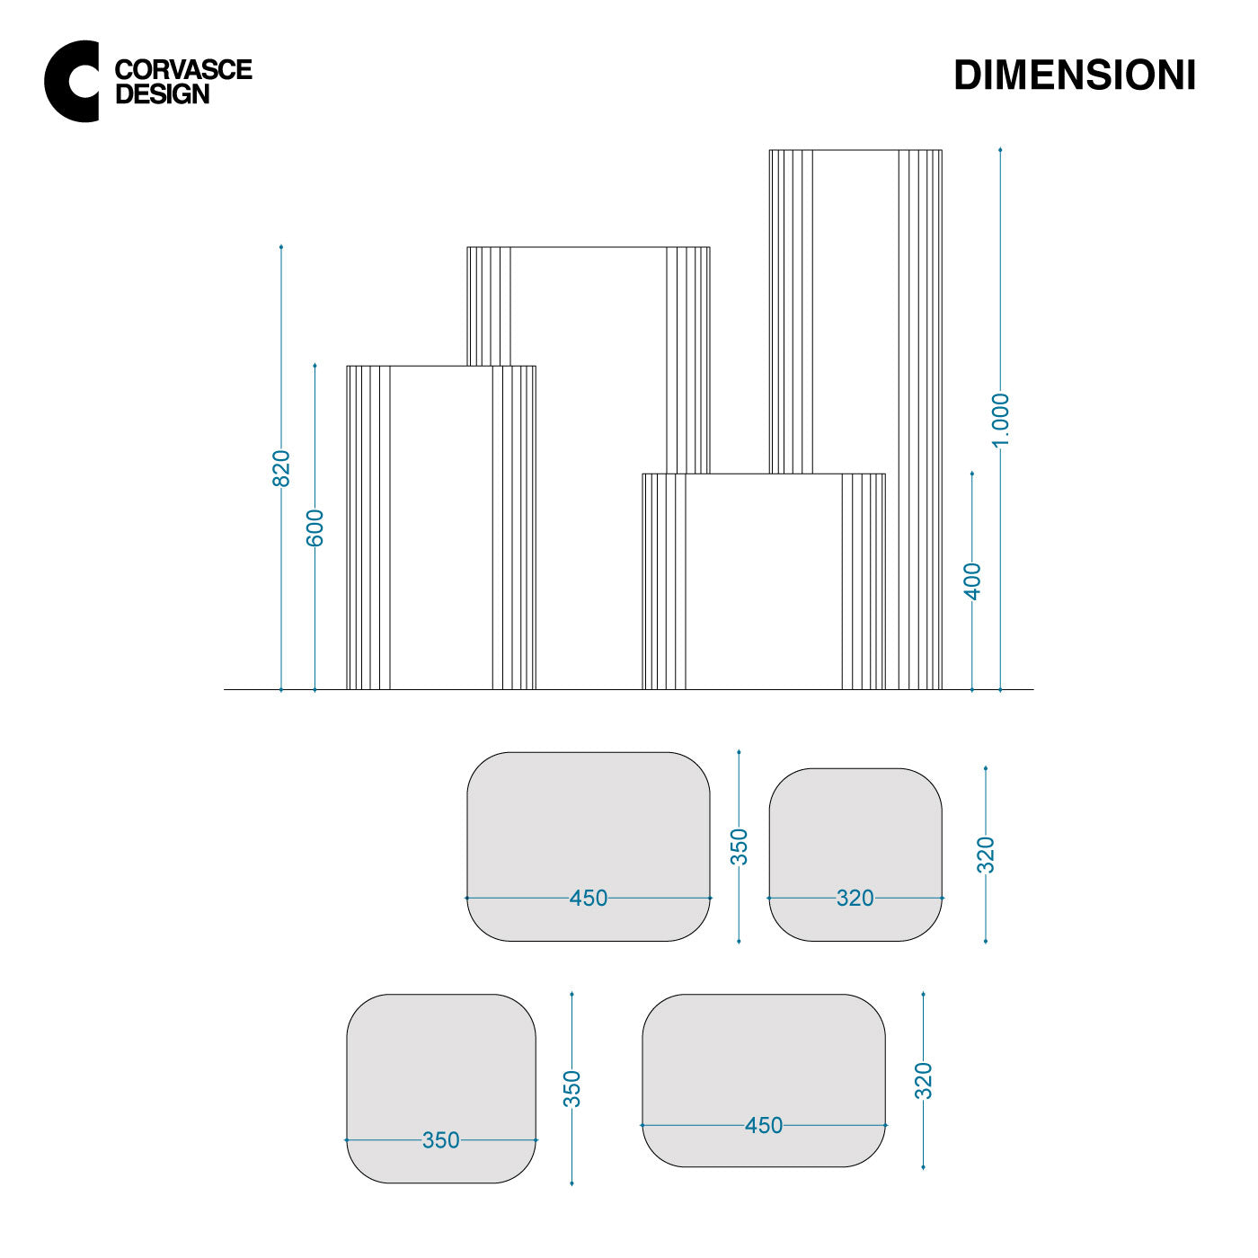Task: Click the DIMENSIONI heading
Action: (x=1074, y=75)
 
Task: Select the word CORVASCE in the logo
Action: (x=183, y=70)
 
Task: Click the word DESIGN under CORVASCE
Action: (x=162, y=94)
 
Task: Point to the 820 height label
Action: (x=280, y=468)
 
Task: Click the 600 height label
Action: (x=314, y=527)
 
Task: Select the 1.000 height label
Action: (x=1000, y=421)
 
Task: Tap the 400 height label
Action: (x=973, y=581)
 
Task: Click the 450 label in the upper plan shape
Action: (x=589, y=899)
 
